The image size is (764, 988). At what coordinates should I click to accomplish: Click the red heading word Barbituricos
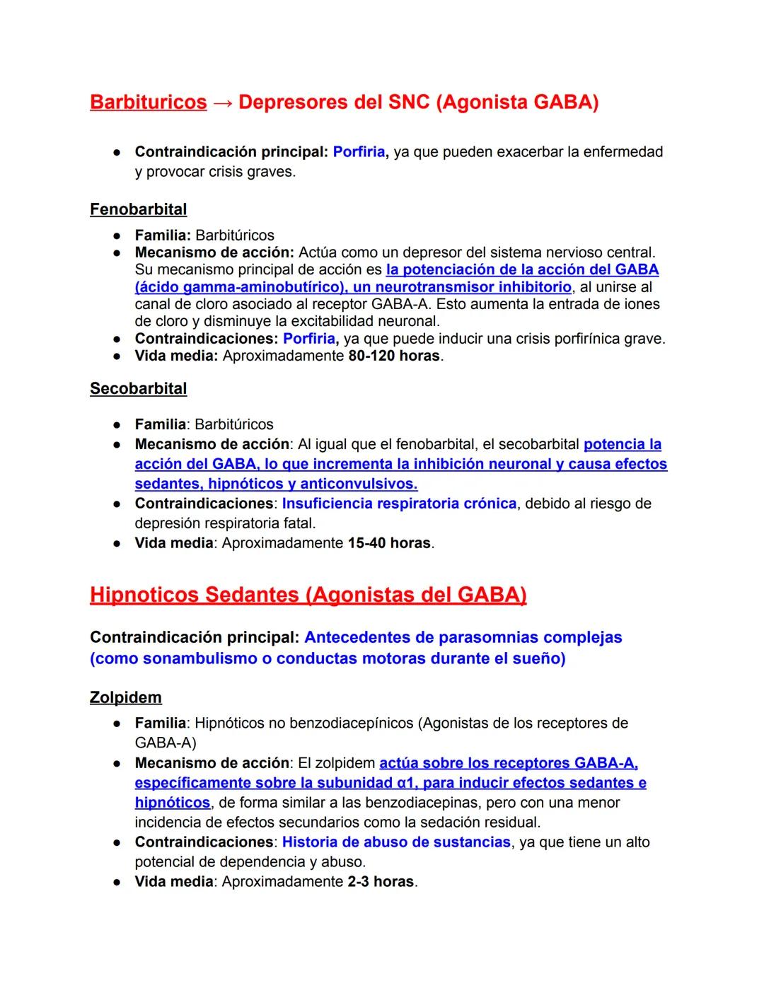(x=149, y=103)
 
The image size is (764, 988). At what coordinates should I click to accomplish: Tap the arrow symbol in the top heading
(x=223, y=103)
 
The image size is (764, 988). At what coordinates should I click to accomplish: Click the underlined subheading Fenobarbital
(x=139, y=209)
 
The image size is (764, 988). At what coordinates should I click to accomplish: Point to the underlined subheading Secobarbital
(x=139, y=389)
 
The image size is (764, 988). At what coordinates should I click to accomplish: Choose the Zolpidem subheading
(x=126, y=697)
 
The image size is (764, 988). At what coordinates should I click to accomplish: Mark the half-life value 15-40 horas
(x=389, y=543)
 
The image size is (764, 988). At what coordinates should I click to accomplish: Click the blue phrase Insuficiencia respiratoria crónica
(x=399, y=504)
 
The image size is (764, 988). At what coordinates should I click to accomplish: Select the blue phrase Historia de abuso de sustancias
(x=396, y=842)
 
